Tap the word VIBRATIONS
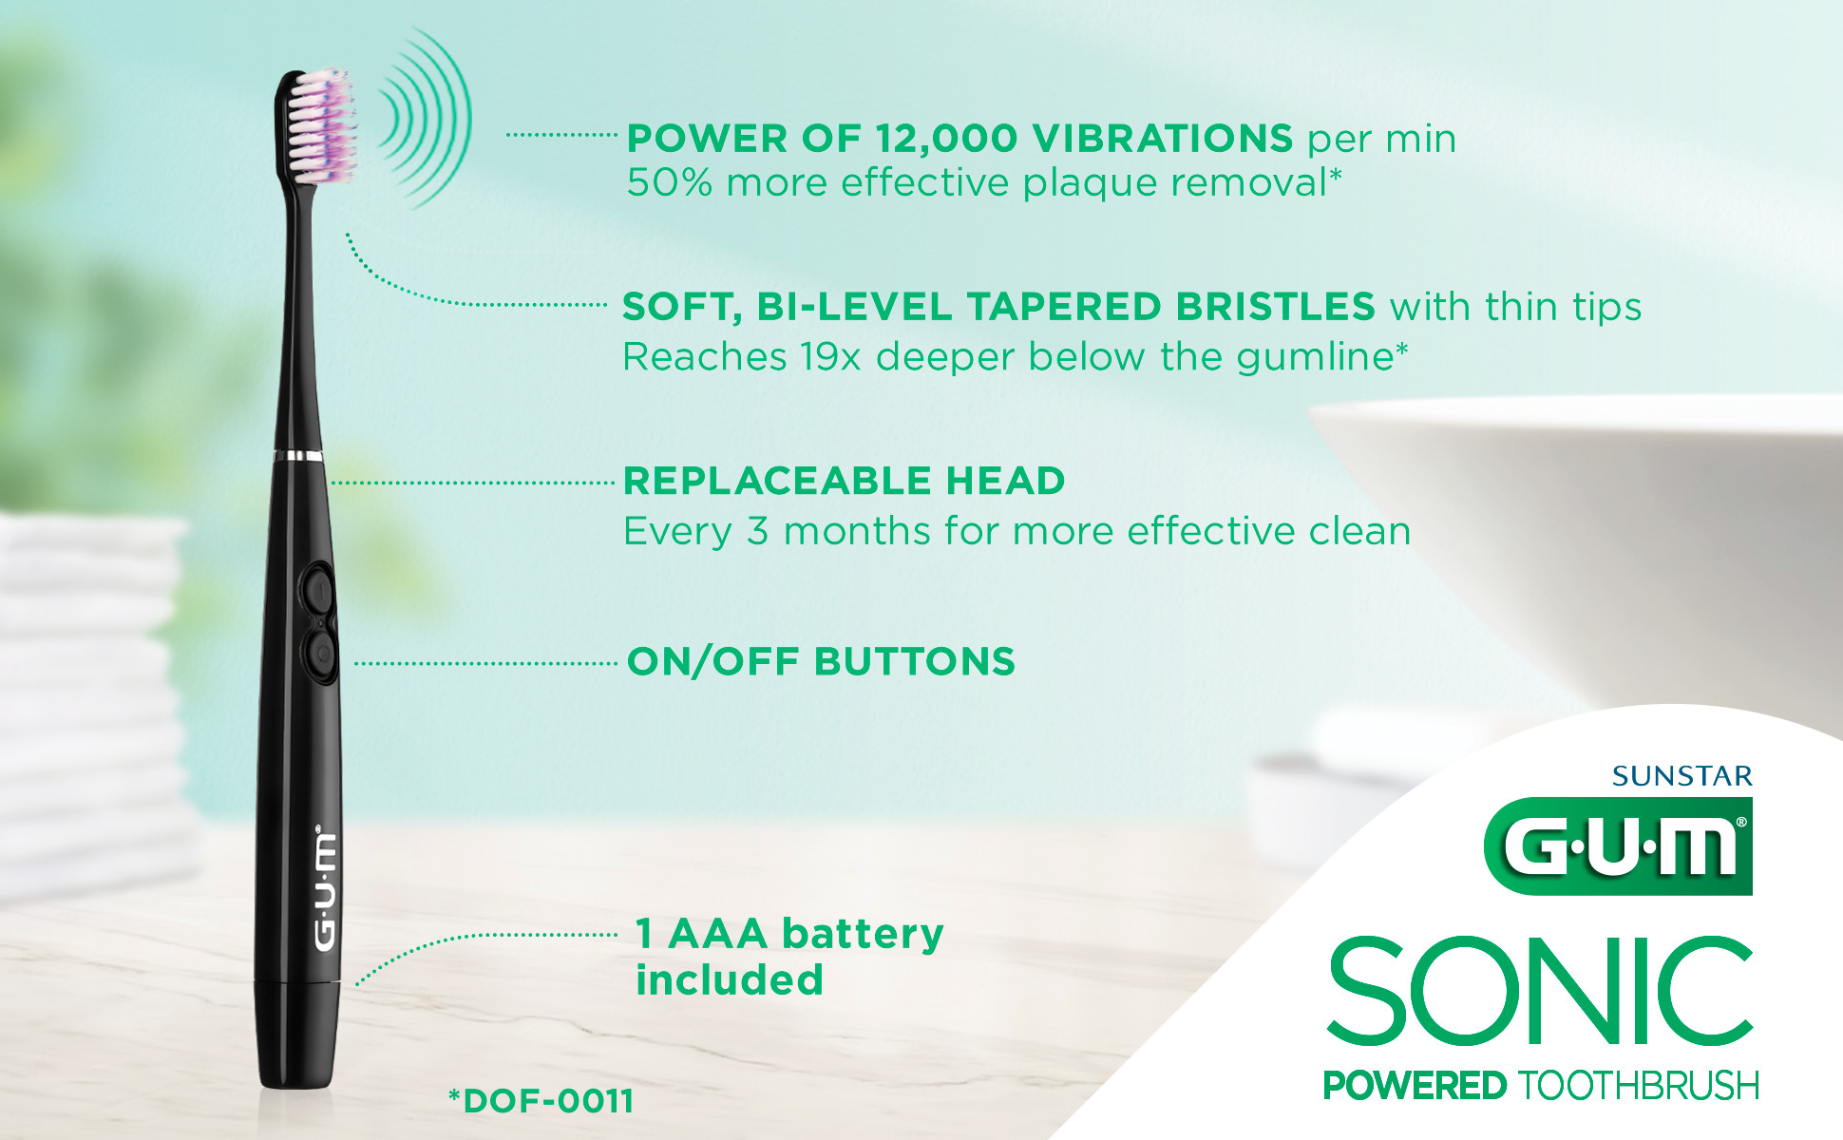1163,139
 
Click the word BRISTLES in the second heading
1275,307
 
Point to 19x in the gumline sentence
829,357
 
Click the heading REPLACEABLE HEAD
844,481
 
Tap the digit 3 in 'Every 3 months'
757,531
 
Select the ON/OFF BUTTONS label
821,662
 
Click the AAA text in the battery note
717,934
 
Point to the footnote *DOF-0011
541,1101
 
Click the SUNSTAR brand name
1681,777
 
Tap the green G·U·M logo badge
1618,846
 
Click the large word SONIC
1540,992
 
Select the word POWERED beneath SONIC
1415,1085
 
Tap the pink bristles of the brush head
324,123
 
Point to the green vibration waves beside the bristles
426,119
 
